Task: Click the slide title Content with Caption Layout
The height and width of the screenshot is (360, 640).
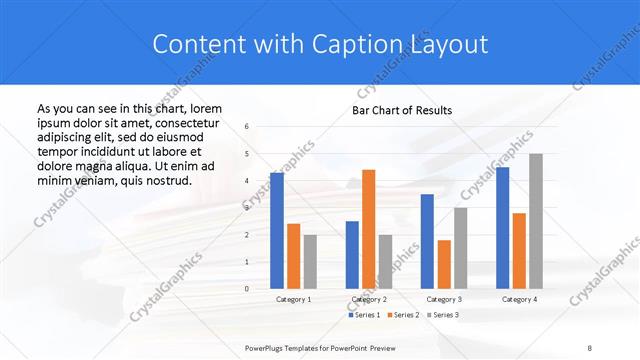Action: [x=319, y=45]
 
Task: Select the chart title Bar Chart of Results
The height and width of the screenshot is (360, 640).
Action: [x=402, y=110]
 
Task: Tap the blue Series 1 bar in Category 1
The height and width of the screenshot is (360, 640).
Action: [x=277, y=231]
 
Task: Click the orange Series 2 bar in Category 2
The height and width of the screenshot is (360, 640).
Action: [x=368, y=229]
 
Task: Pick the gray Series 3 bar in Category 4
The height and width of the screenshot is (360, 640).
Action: [x=536, y=221]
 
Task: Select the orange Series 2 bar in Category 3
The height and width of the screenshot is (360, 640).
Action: [x=444, y=264]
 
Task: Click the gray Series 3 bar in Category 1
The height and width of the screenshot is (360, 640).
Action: [x=310, y=262]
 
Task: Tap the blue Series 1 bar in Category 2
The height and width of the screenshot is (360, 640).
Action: [x=352, y=255]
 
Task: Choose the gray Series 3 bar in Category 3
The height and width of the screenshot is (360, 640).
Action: [x=460, y=248]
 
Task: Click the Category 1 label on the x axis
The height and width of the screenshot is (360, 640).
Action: [x=293, y=299]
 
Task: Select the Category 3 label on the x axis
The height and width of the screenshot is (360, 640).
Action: [x=444, y=299]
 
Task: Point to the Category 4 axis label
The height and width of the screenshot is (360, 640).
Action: [x=519, y=299]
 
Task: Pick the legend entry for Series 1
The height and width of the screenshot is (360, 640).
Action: [x=364, y=315]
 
